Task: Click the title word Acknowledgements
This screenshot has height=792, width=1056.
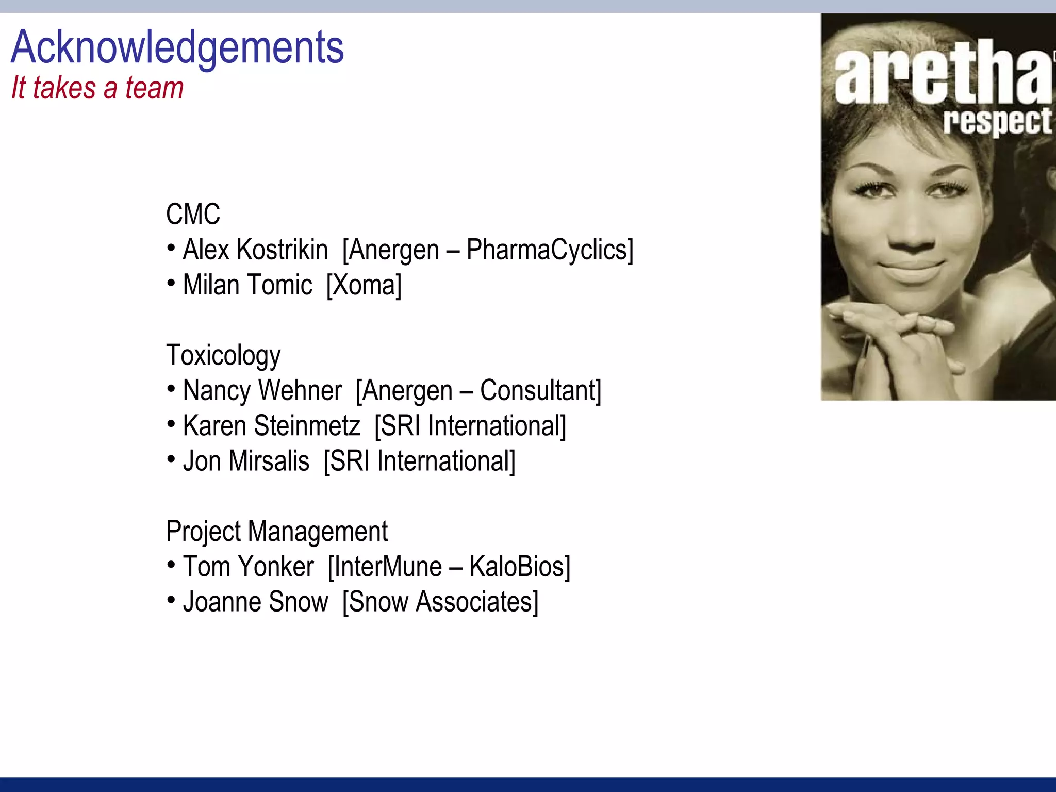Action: click(177, 48)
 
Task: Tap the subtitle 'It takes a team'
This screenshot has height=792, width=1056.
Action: click(97, 88)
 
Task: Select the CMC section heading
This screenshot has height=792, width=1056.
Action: click(193, 214)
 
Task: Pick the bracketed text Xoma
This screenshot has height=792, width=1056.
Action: click(364, 285)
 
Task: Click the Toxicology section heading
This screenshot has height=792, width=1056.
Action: click(223, 356)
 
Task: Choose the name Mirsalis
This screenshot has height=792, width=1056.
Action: click(269, 461)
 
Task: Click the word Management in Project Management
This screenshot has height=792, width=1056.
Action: click(318, 532)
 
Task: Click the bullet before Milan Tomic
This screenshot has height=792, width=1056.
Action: click(171, 283)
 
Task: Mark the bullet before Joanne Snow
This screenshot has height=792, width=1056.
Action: click(171, 600)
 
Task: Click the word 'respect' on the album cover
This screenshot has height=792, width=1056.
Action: click(997, 122)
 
